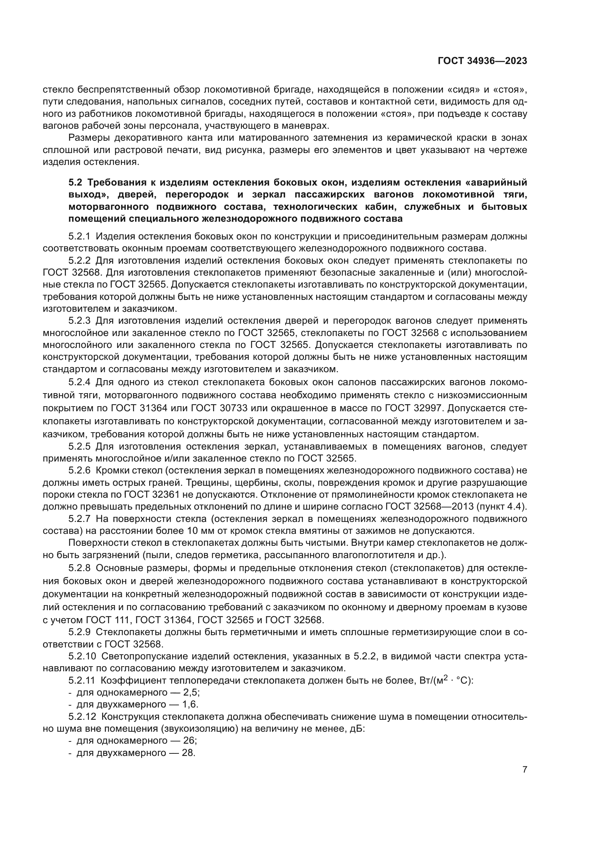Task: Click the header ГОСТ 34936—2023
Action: [482, 61]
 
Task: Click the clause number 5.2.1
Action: [79, 236]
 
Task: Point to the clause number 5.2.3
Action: [79, 320]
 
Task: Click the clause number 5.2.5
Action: [79, 447]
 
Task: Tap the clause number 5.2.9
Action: [79, 632]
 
